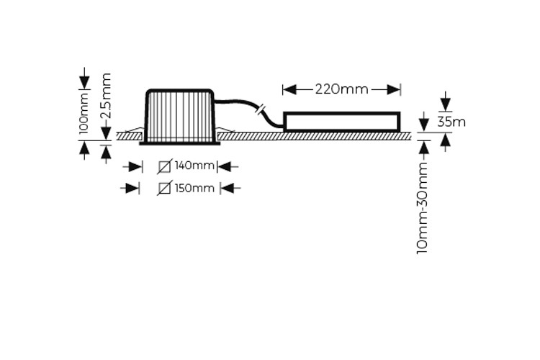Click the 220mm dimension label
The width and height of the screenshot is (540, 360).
click(x=341, y=89)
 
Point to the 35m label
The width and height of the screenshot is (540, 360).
click(x=451, y=122)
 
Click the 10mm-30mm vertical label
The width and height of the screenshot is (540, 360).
click(x=423, y=207)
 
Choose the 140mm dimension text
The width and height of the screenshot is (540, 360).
click(x=195, y=166)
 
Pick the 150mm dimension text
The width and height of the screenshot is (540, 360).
click(x=195, y=189)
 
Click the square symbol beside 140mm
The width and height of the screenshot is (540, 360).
click(x=165, y=167)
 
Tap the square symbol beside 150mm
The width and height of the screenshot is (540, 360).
click(x=165, y=189)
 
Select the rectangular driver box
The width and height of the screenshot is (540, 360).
click(x=342, y=122)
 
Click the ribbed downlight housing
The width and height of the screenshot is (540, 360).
click(x=179, y=115)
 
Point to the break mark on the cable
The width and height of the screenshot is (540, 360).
click(x=261, y=111)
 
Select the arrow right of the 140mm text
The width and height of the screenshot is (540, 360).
click(x=225, y=167)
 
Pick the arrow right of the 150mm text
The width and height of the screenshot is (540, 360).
click(x=228, y=189)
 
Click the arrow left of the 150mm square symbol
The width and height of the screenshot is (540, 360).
click(x=131, y=189)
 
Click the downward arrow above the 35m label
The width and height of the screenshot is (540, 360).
click(x=446, y=102)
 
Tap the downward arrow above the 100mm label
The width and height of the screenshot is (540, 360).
click(x=84, y=78)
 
